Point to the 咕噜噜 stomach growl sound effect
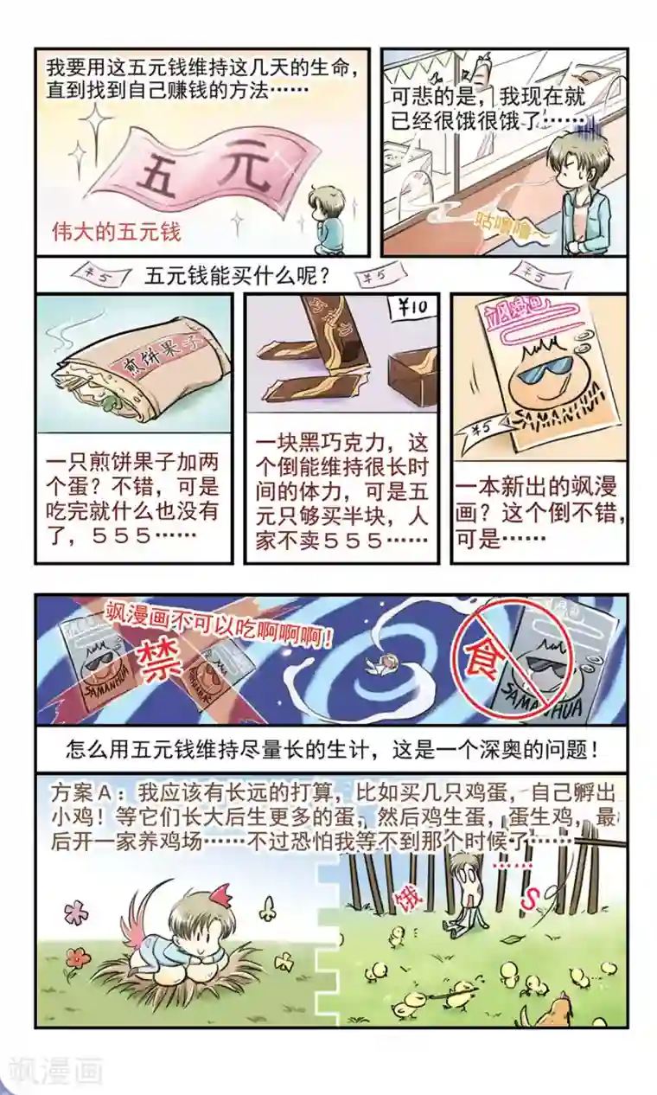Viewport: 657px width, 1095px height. pyautogui.click(x=511, y=227)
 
